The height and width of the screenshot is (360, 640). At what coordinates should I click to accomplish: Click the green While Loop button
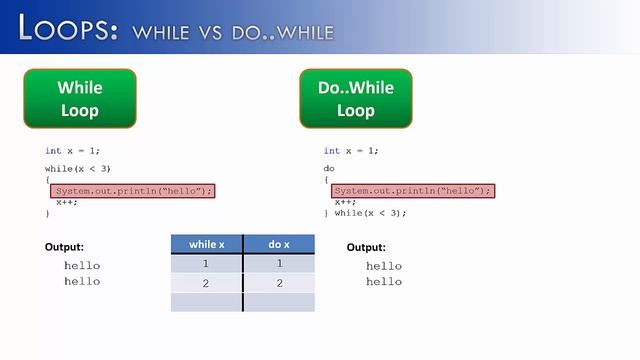(x=80, y=99)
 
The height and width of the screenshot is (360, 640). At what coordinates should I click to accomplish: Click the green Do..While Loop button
(x=356, y=99)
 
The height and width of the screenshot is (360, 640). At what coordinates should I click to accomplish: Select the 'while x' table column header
(x=207, y=244)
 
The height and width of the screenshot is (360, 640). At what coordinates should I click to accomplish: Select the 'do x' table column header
(x=279, y=244)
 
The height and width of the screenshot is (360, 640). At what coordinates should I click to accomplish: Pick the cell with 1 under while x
(x=207, y=263)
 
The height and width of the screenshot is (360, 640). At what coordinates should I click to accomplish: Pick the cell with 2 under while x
(x=207, y=283)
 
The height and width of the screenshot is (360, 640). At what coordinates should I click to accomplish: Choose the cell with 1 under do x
(x=279, y=263)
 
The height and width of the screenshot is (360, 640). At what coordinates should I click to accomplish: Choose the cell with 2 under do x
(x=279, y=283)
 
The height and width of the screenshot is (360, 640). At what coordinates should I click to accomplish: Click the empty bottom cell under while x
(x=207, y=302)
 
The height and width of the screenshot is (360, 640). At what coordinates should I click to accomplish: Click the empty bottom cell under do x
(x=279, y=302)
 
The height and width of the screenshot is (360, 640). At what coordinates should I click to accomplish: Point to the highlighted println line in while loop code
(x=133, y=191)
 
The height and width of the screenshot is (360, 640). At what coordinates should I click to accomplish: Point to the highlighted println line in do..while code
(x=412, y=191)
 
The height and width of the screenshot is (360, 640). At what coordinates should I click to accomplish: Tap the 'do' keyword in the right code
(x=329, y=169)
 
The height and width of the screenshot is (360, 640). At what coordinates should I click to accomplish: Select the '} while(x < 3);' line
(x=365, y=213)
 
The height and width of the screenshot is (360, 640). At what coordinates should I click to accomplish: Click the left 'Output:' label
(x=65, y=247)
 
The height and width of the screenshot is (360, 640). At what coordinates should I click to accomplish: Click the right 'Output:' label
(x=366, y=247)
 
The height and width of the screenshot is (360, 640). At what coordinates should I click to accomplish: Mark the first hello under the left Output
(x=82, y=266)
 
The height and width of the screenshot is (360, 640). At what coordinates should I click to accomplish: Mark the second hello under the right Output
(x=384, y=282)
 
